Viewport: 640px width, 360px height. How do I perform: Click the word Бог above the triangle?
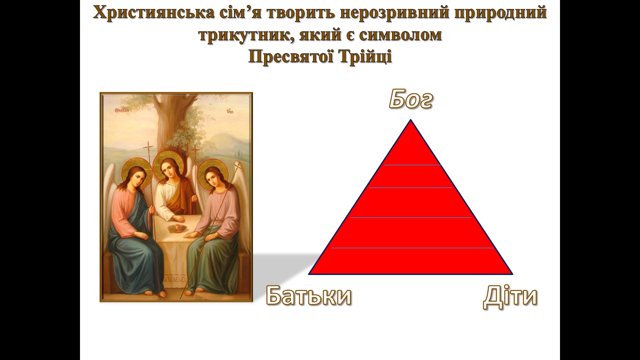click(x=411, y=99)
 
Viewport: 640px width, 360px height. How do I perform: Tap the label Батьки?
click(x=309, y=296)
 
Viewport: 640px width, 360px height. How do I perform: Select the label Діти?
click(x=510, y=296)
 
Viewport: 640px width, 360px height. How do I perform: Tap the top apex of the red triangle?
click(x=411, y=119)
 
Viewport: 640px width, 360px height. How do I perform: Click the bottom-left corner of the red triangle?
click(x=309, y=274)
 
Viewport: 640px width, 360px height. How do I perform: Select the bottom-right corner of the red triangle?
click(x=513, y=274)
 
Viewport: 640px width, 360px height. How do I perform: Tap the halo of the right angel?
click(x=214, y=171)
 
